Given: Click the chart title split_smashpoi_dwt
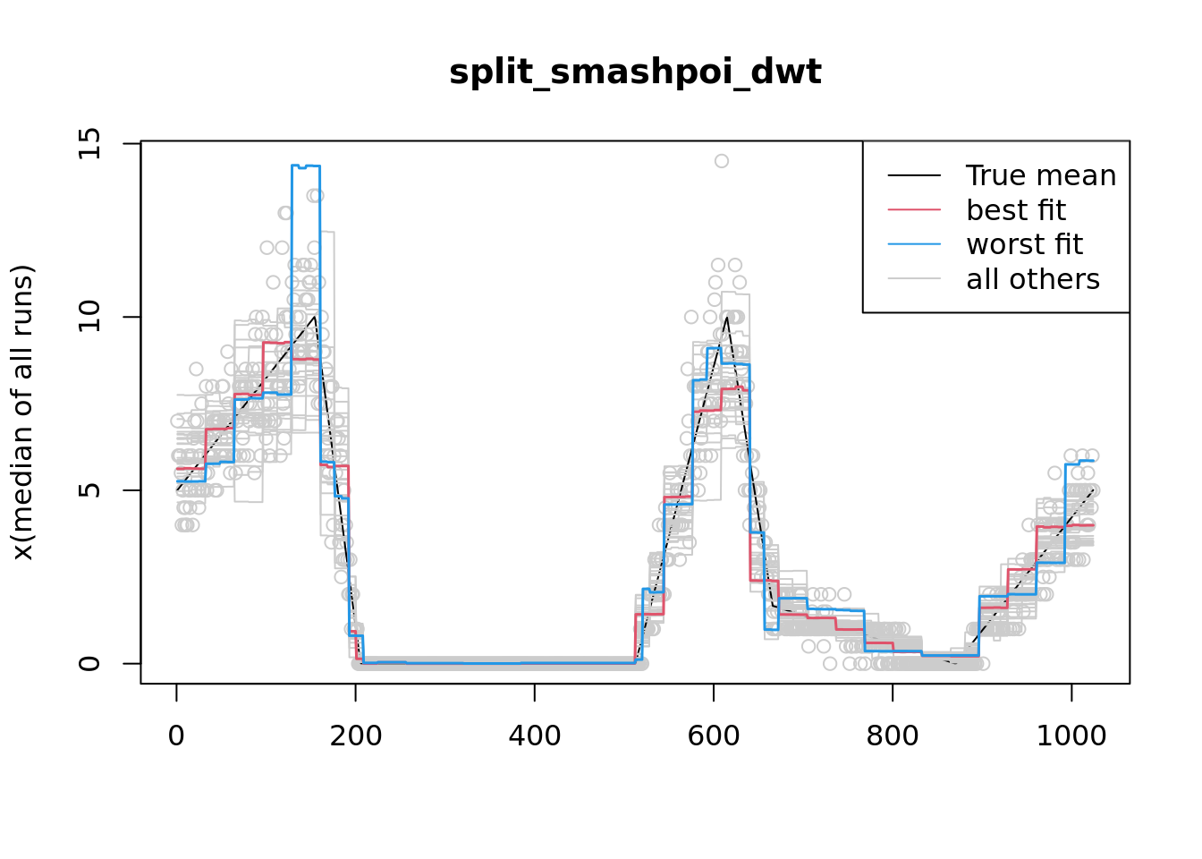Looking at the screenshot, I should (635, 72).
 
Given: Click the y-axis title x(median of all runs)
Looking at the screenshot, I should (23, 412).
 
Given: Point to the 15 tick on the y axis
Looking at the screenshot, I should (89, 143).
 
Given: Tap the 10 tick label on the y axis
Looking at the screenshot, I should (89, 317).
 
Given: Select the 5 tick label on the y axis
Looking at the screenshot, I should (89, 490).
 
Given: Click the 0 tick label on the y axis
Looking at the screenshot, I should (89, 663).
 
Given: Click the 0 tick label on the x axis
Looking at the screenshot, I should (176, 736).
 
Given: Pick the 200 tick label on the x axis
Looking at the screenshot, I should (355, 736).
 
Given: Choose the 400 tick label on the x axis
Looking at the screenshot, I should (534, 736).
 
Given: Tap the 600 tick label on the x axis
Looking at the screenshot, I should (713, 736).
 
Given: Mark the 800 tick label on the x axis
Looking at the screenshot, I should (892, 736).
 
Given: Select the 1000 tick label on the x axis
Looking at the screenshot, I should (1071, 736).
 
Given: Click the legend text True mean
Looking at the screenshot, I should (1040, 175).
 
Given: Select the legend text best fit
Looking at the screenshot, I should (1015, 210).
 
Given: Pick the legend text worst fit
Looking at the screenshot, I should (1024, 244).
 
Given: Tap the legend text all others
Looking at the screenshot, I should (1032, 279).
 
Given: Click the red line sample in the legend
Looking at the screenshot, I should (914, 210).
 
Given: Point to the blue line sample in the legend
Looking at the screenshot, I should (914, 244).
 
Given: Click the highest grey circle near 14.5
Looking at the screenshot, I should (721, 161).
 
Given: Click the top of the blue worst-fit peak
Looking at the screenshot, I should (305, 166).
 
